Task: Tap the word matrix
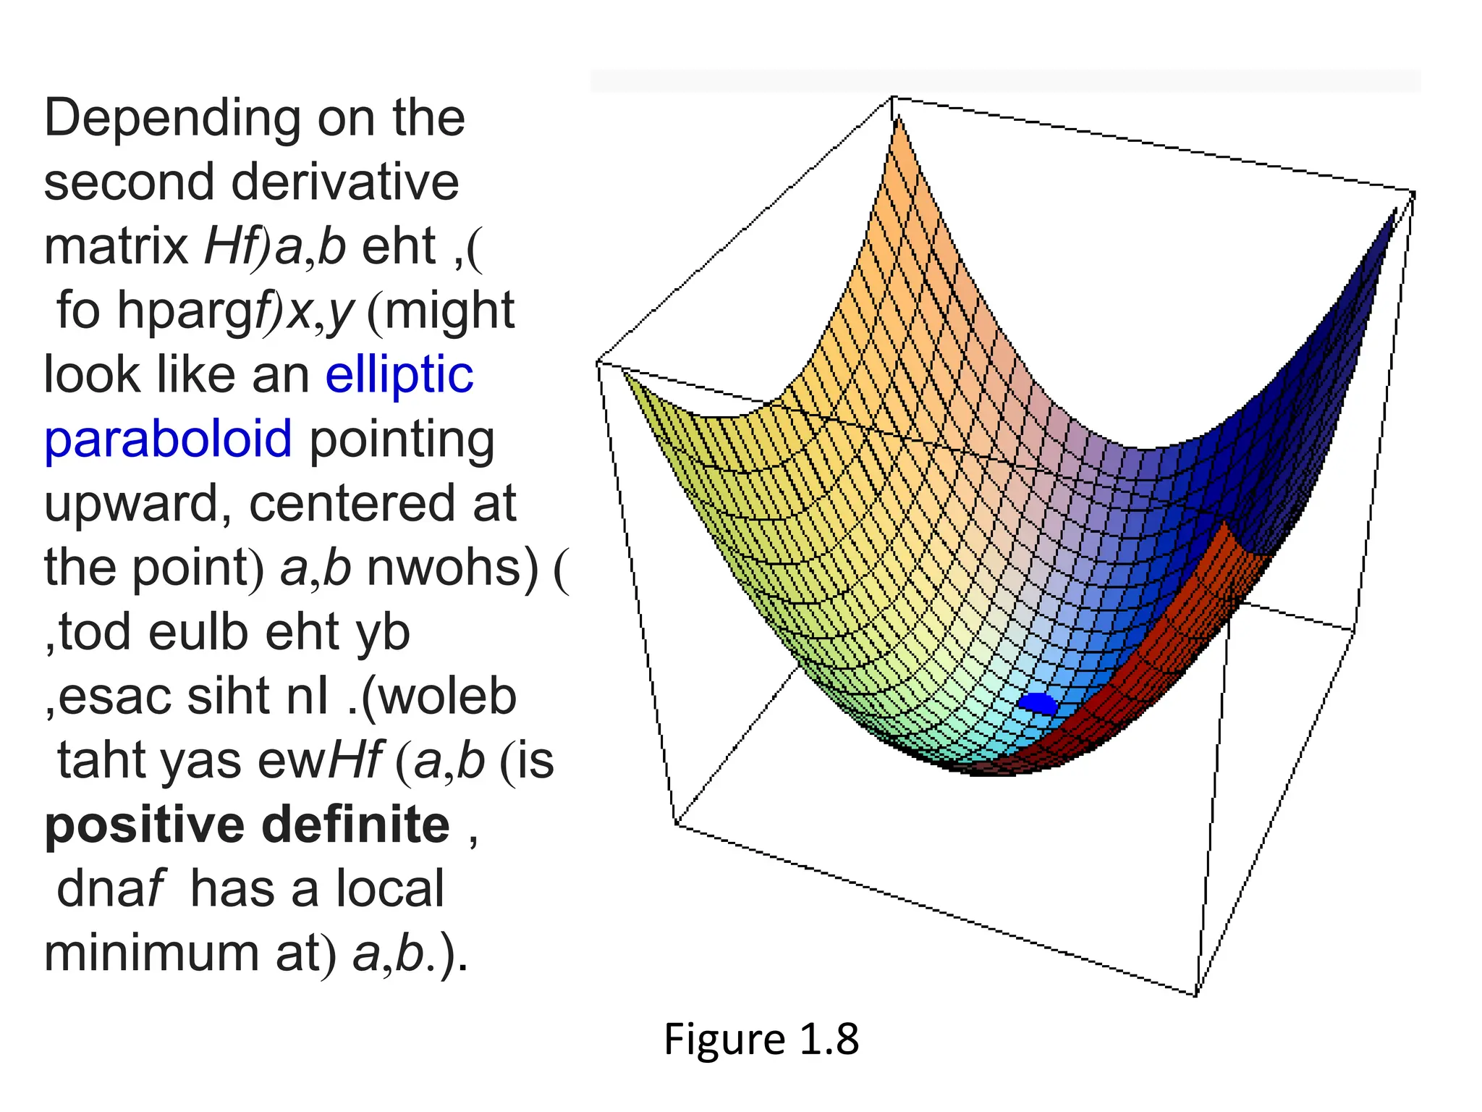tap(116, 246)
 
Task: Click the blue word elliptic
tap(399, 376)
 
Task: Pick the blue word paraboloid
tap(168, 439)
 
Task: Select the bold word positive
tap(145, 826)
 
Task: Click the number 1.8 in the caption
tap(829, 1040)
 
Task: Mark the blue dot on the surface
tap(1038, 703)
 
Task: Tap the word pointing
tap(402, 439)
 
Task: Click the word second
tap(128, 182)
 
